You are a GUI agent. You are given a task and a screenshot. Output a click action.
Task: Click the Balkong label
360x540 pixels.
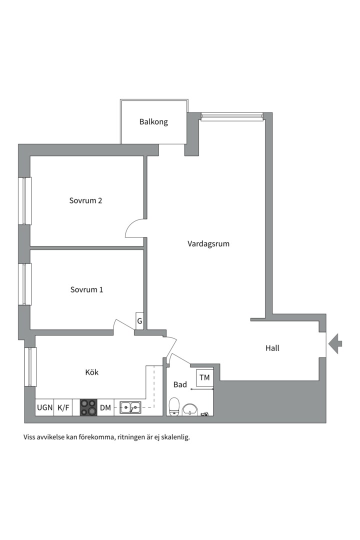(153, 122)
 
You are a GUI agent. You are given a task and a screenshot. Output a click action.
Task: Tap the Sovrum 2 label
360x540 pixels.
(86, 200)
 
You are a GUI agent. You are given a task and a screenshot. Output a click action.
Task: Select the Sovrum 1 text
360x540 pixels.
(86, 289)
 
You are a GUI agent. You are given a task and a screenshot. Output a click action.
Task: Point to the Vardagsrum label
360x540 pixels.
(208, 244)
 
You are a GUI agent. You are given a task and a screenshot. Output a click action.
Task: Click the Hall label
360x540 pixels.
(272, 348)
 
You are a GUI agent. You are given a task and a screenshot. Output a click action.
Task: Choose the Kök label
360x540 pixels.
(92, 372)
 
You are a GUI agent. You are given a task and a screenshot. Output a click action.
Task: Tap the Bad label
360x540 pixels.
(180, 384)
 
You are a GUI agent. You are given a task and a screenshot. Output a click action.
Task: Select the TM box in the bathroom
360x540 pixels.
(204, 377)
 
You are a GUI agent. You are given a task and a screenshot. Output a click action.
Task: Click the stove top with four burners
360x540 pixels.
(89, 407)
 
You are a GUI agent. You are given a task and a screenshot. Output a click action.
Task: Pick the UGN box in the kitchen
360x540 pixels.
(45, 407)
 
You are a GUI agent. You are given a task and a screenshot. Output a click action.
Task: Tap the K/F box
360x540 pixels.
(63, 407)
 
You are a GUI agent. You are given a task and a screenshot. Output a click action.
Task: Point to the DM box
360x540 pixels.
(106, 407)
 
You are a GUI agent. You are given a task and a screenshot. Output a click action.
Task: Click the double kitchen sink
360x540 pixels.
(130, 407)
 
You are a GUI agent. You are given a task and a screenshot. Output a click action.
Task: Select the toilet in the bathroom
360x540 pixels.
(174, 406)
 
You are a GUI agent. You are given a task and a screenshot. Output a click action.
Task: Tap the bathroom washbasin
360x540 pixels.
(190, 409)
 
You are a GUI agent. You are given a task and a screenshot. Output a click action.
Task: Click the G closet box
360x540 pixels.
(139, 321)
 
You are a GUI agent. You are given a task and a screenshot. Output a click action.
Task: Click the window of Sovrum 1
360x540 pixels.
(26, 284)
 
